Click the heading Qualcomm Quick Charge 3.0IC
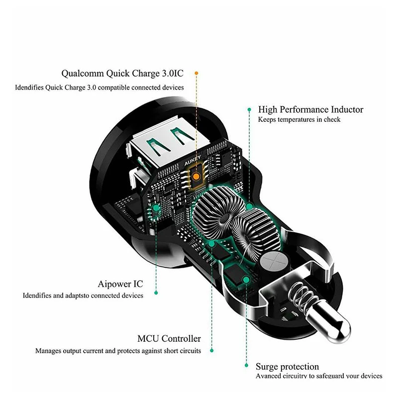click(x=122, y=74)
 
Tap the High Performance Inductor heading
click(x=310, y=109)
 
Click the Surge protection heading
click(x=287, y=367)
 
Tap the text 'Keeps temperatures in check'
click(x=299, y=120)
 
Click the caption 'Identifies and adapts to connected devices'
click(x=83, y=296)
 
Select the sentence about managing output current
click(x=118, y=351)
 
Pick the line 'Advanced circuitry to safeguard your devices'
click(x=319, y=376)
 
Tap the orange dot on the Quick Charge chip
click(x=198, y=176)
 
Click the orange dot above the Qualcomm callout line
click(x=197, y=73)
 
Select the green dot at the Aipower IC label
click(x=156, y=293)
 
